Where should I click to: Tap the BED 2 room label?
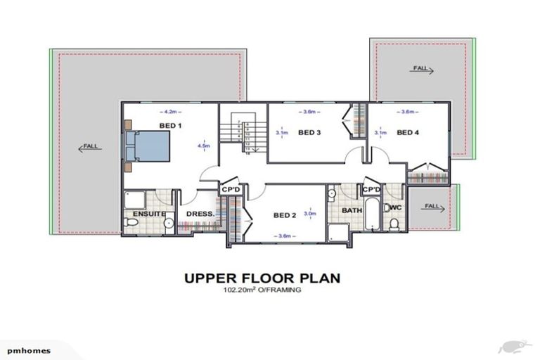(x=285, y=214)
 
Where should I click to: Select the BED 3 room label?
(x=309, y=132)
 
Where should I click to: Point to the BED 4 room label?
(x=408, y=132)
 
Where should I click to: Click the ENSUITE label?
(x=148, y=213)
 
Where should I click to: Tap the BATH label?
(x=352, y=210)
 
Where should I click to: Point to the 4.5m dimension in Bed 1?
(x=205, y=146)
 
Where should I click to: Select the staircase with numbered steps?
(x=243, y=136)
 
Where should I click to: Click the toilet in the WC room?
(x=394, y=223)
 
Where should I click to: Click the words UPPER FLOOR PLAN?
(x=262, y=278)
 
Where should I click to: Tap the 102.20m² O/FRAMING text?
(x=262, y=289)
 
